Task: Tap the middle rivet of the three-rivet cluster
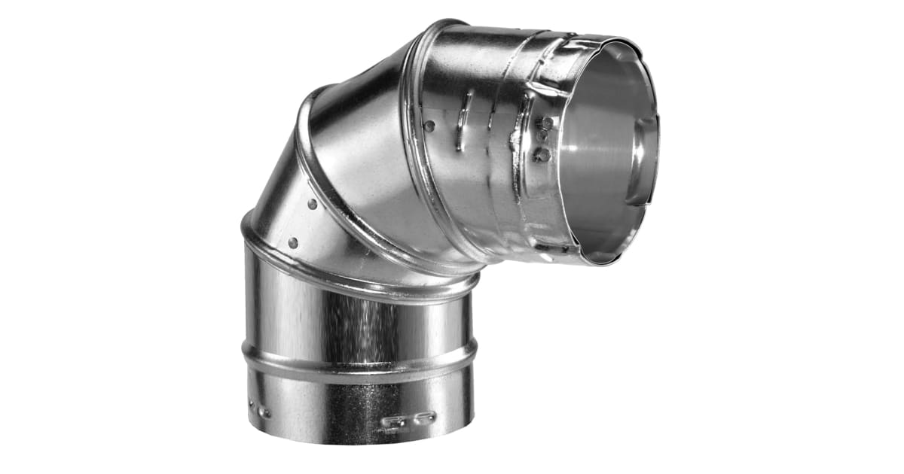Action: pyautogui.click(x=542, y=137)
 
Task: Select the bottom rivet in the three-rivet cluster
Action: pyautogui.click(x=540, y=154)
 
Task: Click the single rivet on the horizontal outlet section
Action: pyautogui.click(x=429, y=126)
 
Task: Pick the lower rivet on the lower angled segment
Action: pyautogui.click(x=292, y=242)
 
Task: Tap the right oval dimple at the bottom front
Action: pyautogui.click(x=423, y=415)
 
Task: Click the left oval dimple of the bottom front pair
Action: pyautogui.click(x=392, y=421)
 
